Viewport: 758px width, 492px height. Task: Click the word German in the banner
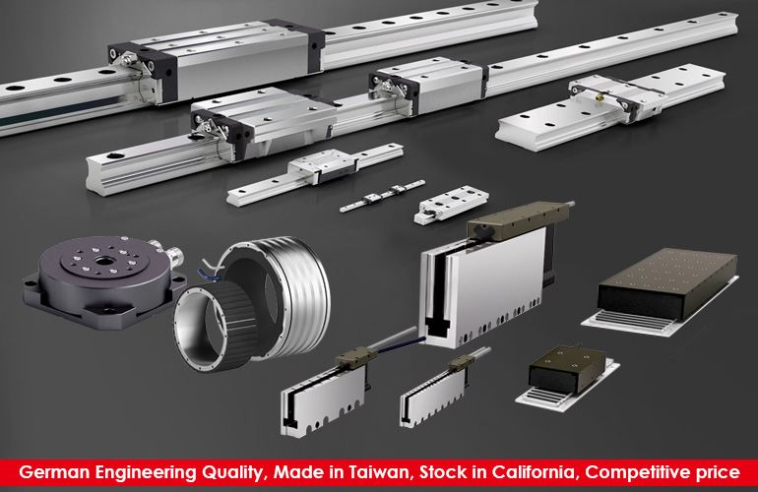tap(54, 472)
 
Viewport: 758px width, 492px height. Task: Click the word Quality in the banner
tap(233, 472)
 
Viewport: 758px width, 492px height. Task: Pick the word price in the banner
tap(718, 473)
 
